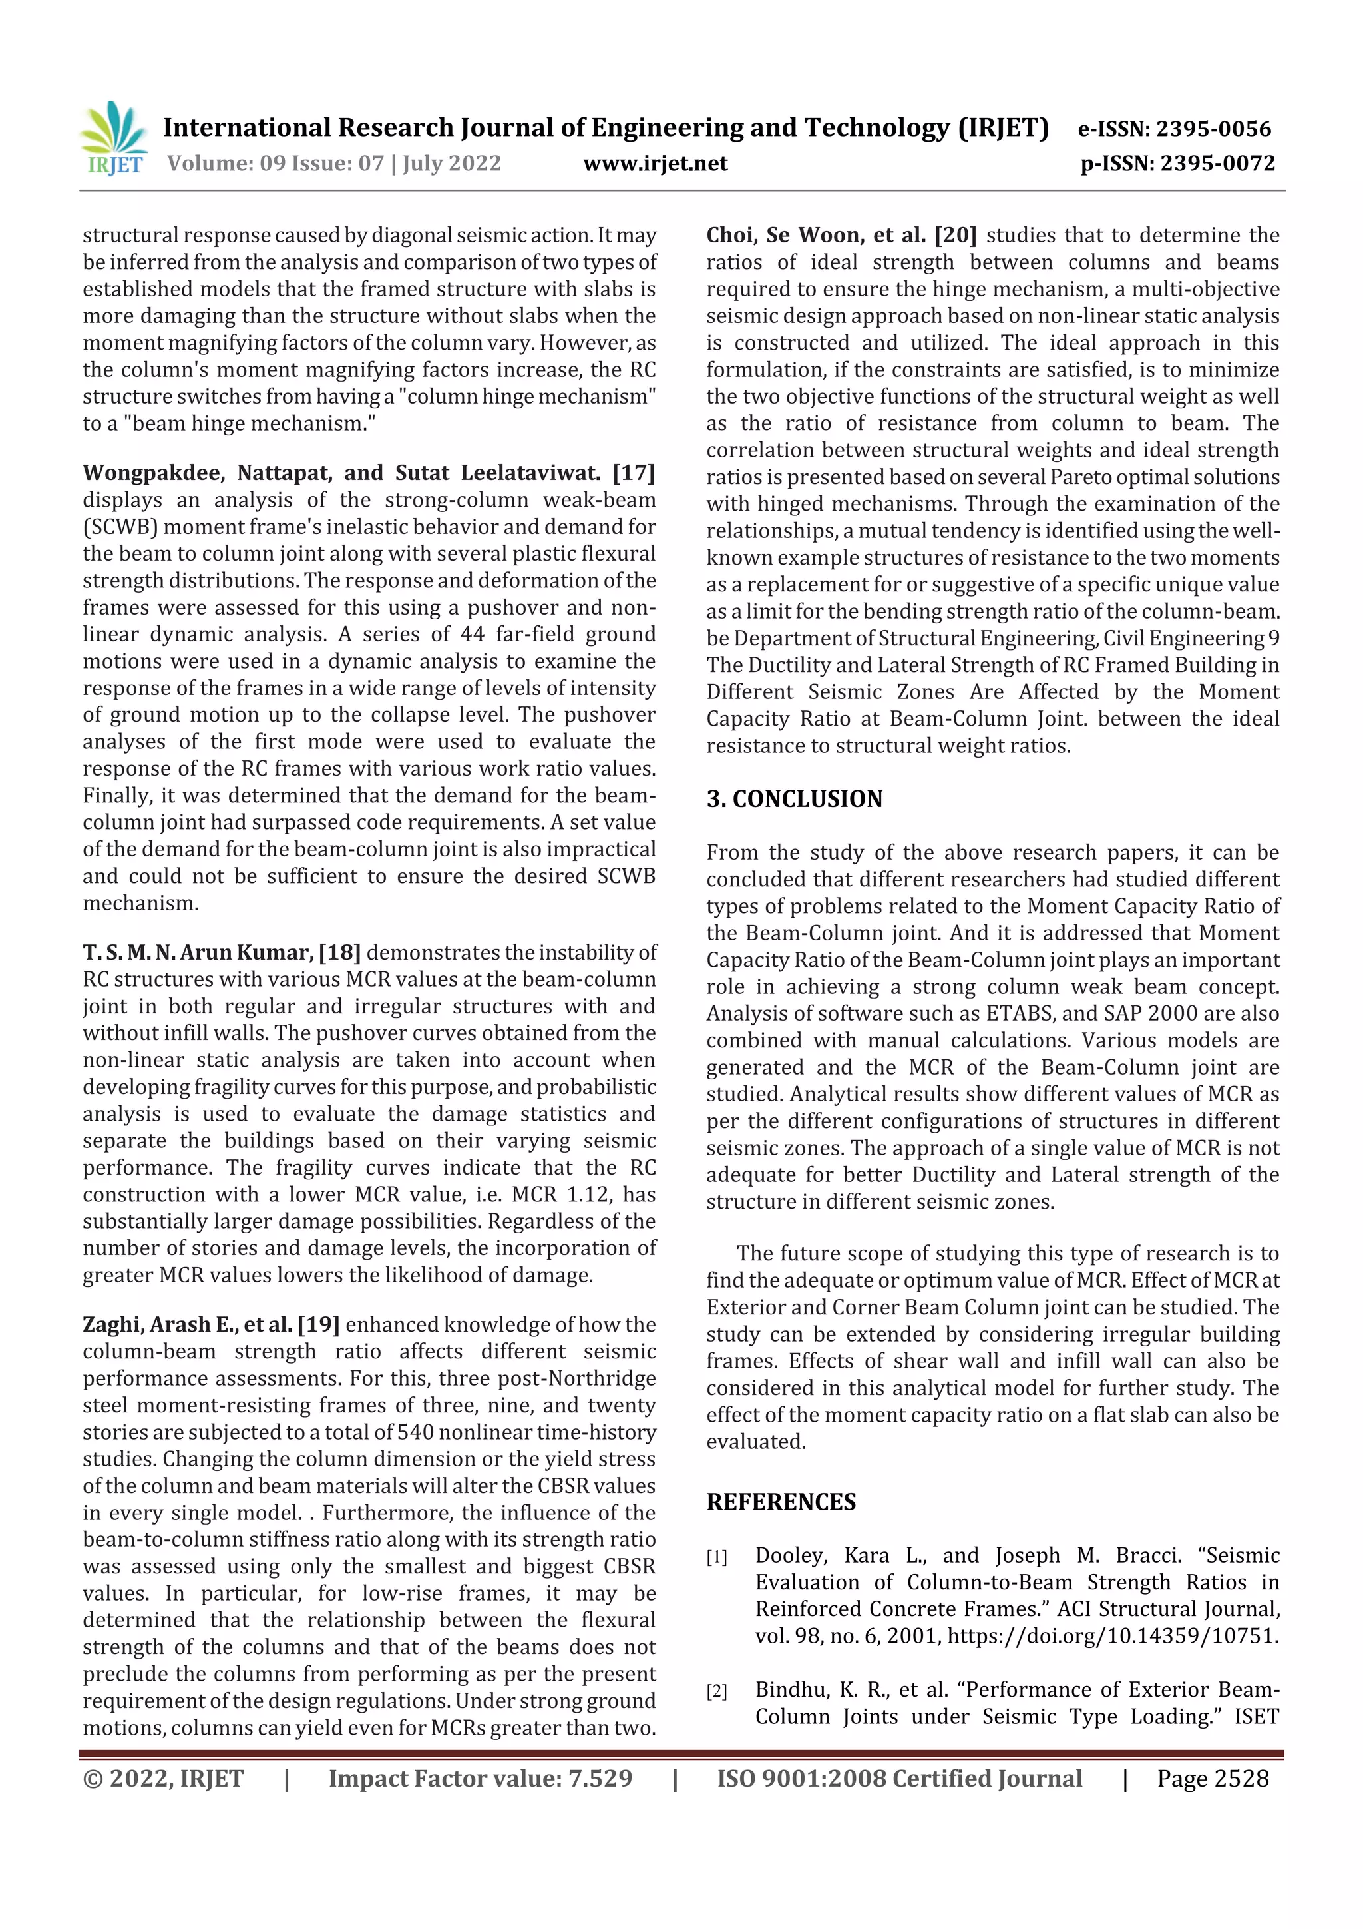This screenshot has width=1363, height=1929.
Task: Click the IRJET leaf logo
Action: [114, 138]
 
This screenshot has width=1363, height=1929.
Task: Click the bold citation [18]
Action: [340, 953]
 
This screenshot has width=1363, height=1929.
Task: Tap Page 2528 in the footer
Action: [1212, 1779]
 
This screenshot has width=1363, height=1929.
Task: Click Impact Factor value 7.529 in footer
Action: [480, 1779]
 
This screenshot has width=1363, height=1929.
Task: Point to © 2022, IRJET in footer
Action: [163, 1779]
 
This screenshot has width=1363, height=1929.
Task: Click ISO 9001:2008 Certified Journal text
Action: [898, 1779]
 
